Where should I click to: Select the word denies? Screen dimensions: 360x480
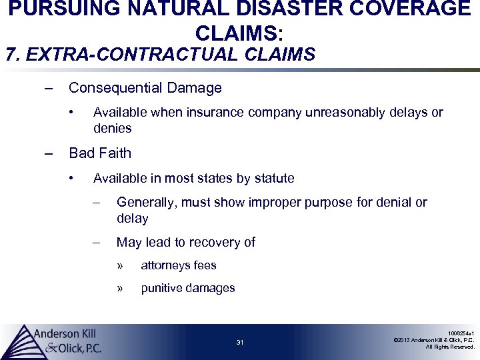pos(112,127)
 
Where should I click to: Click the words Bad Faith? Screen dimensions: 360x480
pos(100,153)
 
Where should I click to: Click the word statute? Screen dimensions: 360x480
pos(273,178)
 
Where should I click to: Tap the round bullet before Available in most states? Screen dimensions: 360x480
pos(73,178)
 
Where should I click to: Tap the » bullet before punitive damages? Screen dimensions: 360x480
pos(121,288)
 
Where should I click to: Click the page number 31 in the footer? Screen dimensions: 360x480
pos(240,343)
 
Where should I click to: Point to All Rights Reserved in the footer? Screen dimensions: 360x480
pos(450,347)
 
